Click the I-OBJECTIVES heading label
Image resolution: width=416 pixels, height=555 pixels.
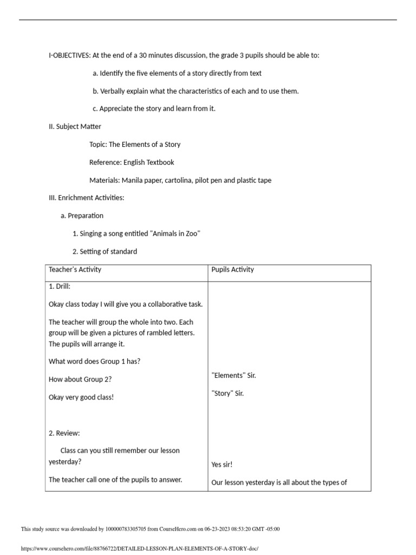click(69, 55)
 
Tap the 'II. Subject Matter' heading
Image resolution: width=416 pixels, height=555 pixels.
click(75, 126)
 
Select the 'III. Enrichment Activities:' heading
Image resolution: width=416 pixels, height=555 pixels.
click(87, 198)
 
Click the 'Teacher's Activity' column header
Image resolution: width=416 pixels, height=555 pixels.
click(75, 269)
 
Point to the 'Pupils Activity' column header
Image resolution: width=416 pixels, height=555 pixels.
click(232, 269)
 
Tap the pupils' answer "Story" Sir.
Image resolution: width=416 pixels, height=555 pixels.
click(227, 393)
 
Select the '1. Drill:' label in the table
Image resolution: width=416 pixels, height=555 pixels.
click(60, 286)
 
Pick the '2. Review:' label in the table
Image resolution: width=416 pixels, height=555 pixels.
click(64, 433)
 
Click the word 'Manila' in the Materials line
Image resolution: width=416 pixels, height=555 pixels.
click(133, 180)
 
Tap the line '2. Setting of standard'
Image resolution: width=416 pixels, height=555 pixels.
click(105, 251)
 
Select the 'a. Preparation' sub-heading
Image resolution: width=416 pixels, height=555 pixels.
click(82, 216)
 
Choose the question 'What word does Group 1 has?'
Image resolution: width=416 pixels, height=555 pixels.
click(95, 362)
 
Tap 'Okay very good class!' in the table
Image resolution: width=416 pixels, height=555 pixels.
click(81, 397)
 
